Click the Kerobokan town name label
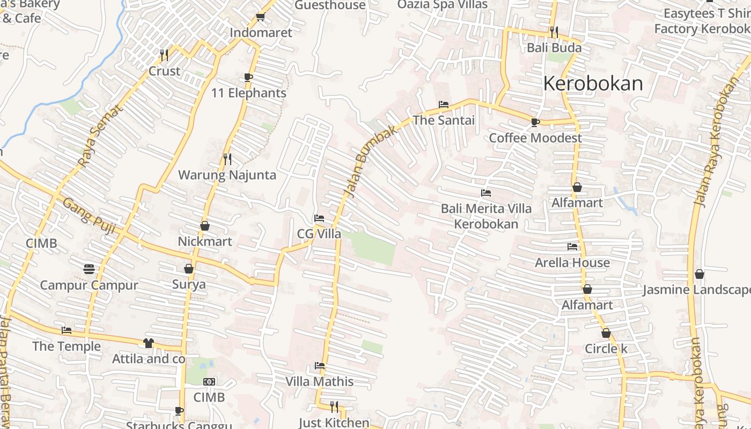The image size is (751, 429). pos(593,84)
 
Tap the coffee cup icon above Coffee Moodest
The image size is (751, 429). pos(535,122)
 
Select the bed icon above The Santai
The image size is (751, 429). pos(444,104)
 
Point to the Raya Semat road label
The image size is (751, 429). pos(100,136)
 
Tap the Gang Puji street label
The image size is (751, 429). pos(89,216)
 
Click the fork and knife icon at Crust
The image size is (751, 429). pos(164,55)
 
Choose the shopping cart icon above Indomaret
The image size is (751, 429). pos(261,17)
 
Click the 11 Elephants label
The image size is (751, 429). pos(248,93)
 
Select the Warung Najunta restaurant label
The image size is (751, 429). pos(227,175)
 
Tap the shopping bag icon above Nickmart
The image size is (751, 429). pos(205,226)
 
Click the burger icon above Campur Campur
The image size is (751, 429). pos(89,268)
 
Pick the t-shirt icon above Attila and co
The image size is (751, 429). pos(149,343)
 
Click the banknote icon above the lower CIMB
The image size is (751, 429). pos(209,382)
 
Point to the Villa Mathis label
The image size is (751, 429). pos(319,381)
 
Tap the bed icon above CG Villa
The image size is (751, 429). pos(319,218)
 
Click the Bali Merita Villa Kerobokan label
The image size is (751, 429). pos(486,216)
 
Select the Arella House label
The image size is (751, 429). pos(572,262)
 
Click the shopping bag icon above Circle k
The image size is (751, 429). pos(606,333)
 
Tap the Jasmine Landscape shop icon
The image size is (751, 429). pos(700,274)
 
